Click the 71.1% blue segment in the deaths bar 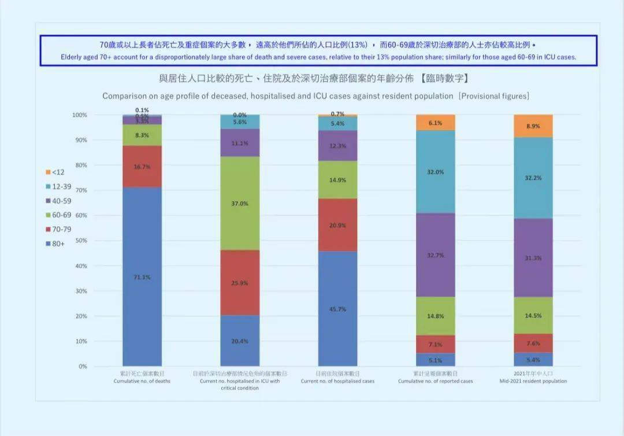[x=142, y=276]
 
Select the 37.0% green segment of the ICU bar [x=240, y=203]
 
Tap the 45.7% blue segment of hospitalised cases [x=337, y=309]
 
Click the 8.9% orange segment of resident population [x=533, y=125]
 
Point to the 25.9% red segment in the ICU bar [x=240, y=283]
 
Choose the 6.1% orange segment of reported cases [x=436, y=123]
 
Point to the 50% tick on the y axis [x=80, y=241]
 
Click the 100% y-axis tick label [x=79, y=115]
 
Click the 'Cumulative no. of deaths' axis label [x=142, y=381]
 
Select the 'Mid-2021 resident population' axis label [x=533, y=381]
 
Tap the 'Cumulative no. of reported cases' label [x=436, y=381]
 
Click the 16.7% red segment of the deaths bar [x=142, y=167]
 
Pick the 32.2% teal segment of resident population [x=533, y=178]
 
